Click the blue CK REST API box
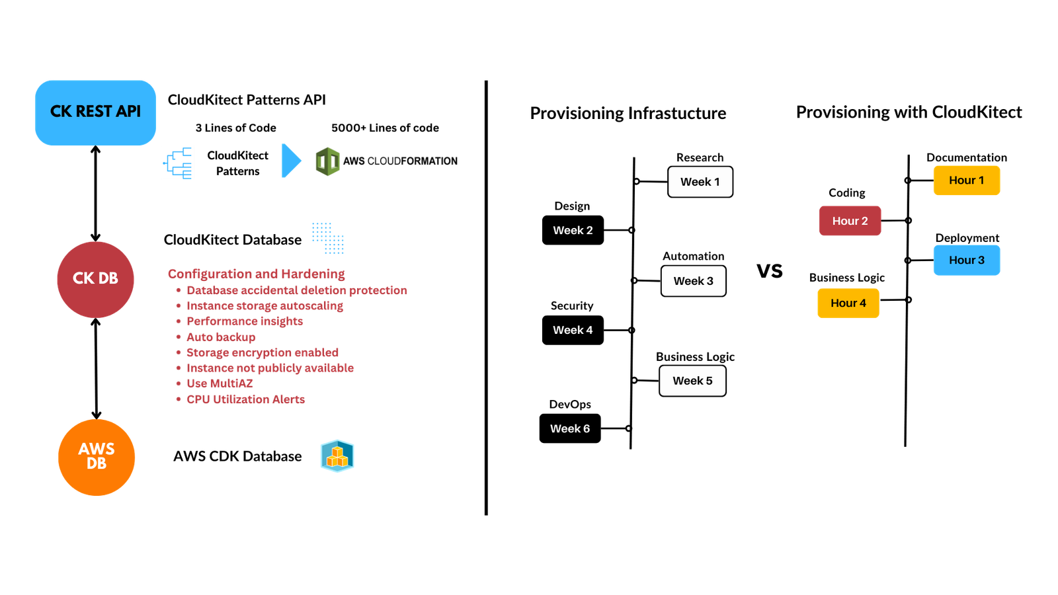(x=95, y=112)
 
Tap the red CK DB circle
(x=95, y=279)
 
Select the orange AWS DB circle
(x=97, y=457)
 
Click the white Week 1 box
(x=700, y=182)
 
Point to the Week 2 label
(x=573, y=230)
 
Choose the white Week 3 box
(x=693, y=281)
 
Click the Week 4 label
(x=573, y=330)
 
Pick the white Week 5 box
(x=692, y=381)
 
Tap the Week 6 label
(x=569, y=428)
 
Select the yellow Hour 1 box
(x=966, y=180)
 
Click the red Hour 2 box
(x=850, y=221)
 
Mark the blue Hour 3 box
(x=966, y=260)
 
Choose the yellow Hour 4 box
(x=848, y=303)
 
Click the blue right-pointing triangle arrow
(x=290, y=161)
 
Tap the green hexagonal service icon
(x=327, y=161)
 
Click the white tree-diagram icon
(x=177, y=162)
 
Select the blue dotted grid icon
(x=328, y=237)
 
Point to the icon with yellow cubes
(x=337, y=456)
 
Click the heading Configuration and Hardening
(x=256, y=274)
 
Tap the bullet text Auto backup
(x=220, y=337)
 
